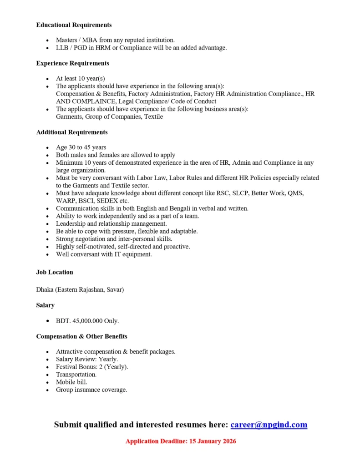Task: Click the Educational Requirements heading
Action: click(x=74, y=25)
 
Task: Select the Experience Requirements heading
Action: click(x=72, y=63)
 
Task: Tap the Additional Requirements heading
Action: click(x=72, y=132)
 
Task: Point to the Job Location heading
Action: click(x=55, y=272)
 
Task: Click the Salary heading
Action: click(x=46, y=305)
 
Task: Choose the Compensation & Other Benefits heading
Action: click(x=81, y=336)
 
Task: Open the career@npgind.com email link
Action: click(x=269, y=425)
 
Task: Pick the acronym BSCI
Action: click(x=85, y=201)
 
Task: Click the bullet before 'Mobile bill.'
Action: click(x=48, y=382)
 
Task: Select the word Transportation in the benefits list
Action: click(x=76, y=375)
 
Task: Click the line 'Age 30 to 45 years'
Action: click(x=81, y=147)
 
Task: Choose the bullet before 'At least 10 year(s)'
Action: click(x=48, y=78)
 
